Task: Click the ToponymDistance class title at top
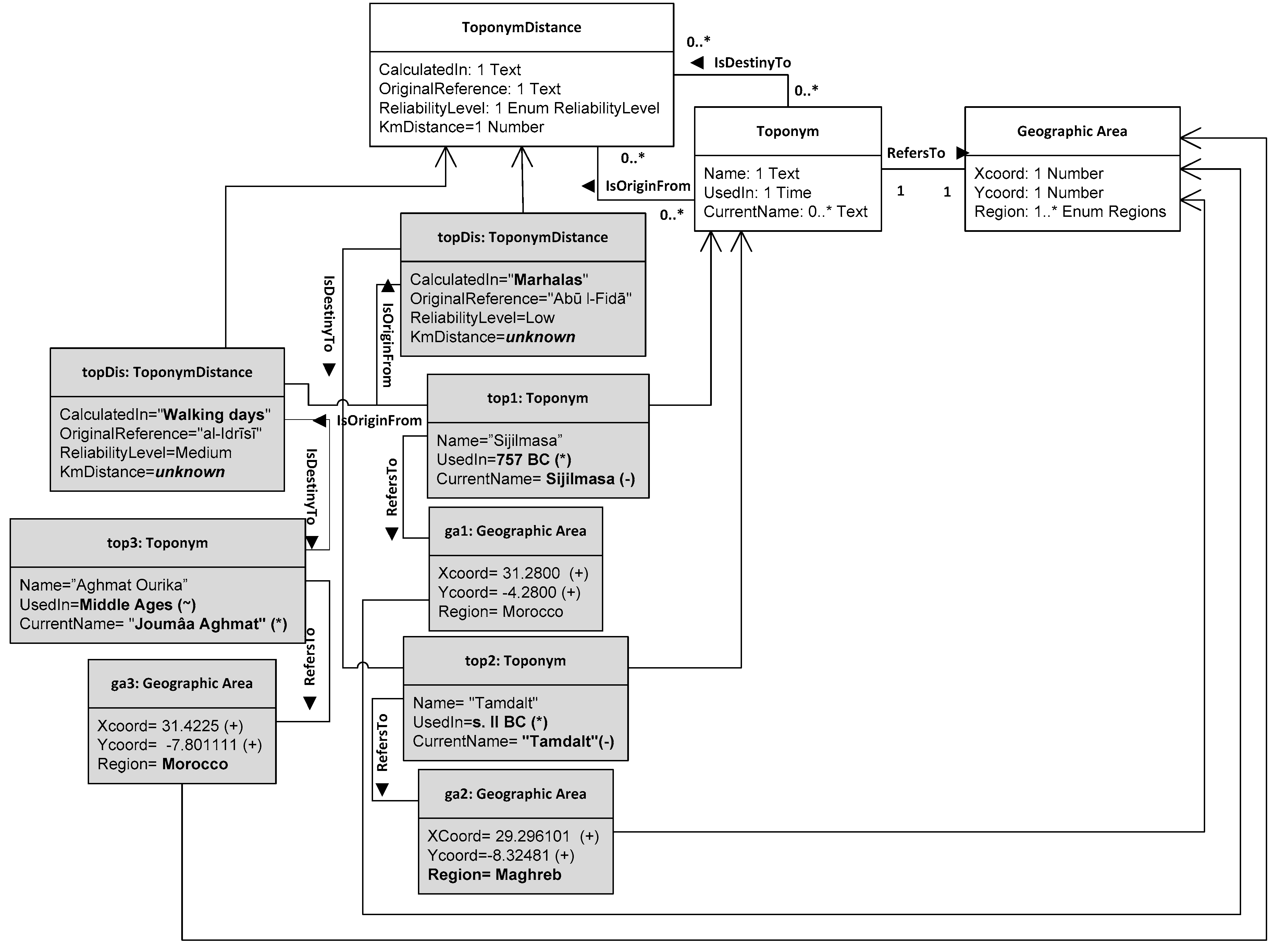point(521,27)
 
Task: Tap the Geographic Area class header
point(1072,132)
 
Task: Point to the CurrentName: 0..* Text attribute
point(785,212)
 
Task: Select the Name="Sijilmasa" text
point(499,441)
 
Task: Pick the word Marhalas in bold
point(548,280)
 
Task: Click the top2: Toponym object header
point(515,661)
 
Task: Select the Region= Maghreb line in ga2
point(494,875)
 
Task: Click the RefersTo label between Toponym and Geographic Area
point(915,153)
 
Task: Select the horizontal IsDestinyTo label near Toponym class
point(752,63)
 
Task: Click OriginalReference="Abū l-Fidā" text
point(520,299)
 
